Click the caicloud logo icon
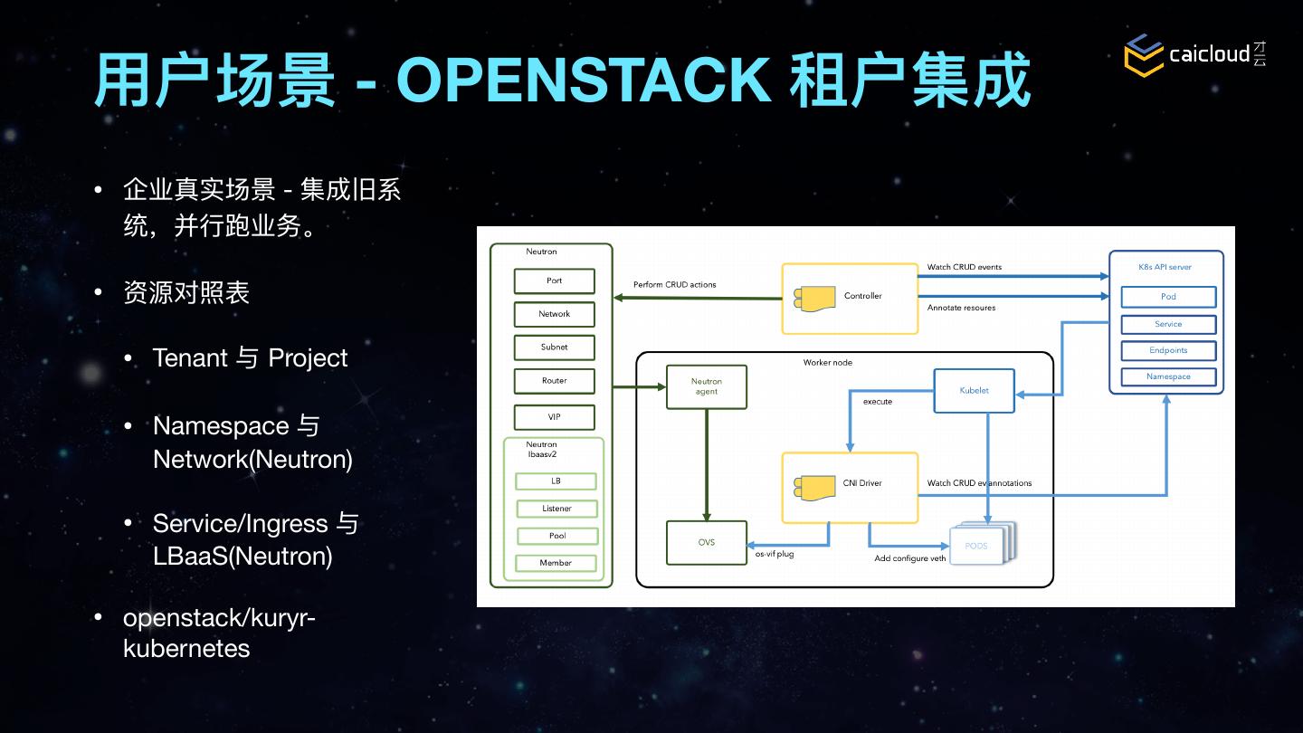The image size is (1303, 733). (x=1144, y=55)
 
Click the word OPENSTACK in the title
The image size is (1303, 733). (x=584, y=80)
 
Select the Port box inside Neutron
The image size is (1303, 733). (x=555, y=281)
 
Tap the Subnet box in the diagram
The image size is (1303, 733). (x=555, y=347)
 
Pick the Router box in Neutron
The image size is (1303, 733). (x=555, y=381)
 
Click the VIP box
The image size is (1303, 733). (x=555, y=417)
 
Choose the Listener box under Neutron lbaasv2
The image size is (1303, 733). (x=556, y=509)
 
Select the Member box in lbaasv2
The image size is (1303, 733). (x=556, y=563)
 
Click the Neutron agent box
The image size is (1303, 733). (x=706, y=387)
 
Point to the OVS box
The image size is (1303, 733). (x=706, y=543)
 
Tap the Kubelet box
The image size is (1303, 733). (x=974, y=391)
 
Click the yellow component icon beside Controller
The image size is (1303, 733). (x=814, y=299)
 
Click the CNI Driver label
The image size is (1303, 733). (x=862, y=483)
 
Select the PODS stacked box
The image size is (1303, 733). (x=983, y=543)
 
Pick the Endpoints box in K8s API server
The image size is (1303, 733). (x=1168, y=350)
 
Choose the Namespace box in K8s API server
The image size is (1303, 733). (x=1168, y=377)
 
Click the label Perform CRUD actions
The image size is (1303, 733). (x=675, y=284)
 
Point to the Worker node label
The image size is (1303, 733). (x=828, y=362)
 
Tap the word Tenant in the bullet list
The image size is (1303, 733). (x=190, y=357)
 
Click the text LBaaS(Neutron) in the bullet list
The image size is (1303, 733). (x=243, y=557)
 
